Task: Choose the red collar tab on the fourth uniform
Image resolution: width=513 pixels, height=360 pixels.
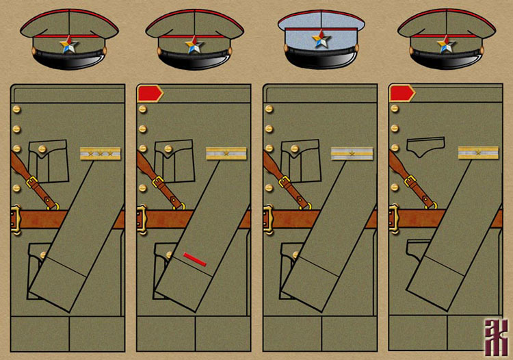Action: (x=401, y=93)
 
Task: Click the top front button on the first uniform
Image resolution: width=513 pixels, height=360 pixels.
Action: (x=17, y=110)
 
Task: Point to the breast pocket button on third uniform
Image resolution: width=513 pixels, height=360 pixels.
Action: (x=294, y=149)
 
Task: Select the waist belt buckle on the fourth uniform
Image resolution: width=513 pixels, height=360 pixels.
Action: (x=393, y=219)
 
